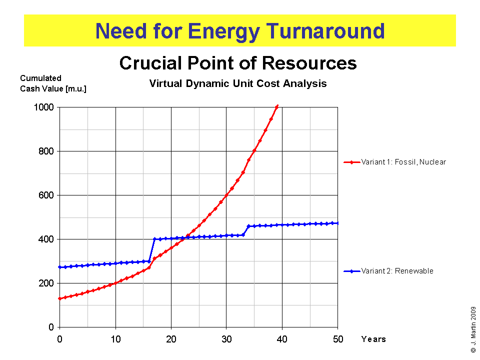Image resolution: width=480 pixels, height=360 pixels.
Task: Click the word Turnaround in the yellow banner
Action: [x=325, y=31]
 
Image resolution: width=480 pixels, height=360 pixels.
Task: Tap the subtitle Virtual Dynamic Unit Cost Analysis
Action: [x=238, y=84]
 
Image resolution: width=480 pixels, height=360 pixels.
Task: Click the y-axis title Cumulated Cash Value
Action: [x=40, y=83]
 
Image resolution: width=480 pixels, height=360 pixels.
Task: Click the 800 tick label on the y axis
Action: [x=47, y=151]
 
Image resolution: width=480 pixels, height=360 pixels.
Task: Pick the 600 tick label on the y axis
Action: [x=47, y=195]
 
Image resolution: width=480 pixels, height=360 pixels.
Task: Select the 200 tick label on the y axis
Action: [x=47, y=283]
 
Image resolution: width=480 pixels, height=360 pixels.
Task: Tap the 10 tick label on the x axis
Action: [x=115, y=338]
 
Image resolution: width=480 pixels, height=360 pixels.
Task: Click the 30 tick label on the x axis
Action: [x=226, y=338]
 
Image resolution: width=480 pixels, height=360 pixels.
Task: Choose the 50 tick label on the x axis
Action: [x=337, y=338]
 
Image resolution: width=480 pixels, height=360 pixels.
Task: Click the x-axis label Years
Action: [x=373, y=339]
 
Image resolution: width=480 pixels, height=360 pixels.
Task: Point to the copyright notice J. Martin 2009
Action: [x=473, y=329]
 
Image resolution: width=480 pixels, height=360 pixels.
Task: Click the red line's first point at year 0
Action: [x=60, y=298]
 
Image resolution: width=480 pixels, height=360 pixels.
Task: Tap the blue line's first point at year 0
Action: [x=60, y=267]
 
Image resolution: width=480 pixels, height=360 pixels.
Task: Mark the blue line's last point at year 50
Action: [x=337, y=223]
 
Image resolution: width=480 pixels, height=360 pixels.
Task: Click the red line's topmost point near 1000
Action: [x=277, y=106]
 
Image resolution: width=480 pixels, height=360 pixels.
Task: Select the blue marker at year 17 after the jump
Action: [x=154, y=239]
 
